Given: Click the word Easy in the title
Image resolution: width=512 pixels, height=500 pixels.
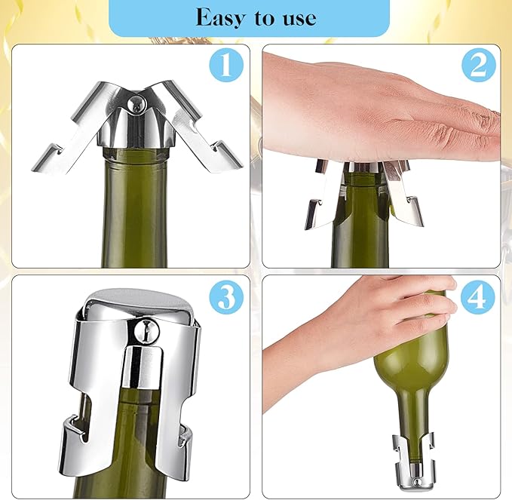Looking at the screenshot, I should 218,17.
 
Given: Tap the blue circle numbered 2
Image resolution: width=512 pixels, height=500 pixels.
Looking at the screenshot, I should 477,66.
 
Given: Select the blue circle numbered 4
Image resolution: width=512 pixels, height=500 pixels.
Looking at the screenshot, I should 477,299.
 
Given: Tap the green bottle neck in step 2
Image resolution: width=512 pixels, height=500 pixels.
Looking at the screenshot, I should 360,226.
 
